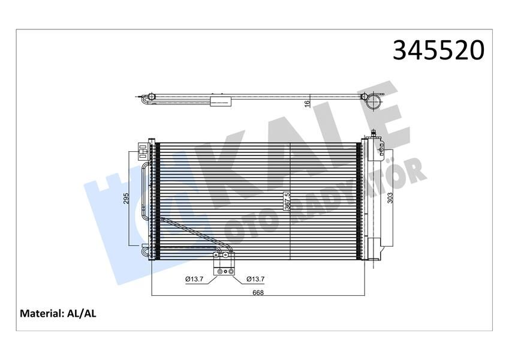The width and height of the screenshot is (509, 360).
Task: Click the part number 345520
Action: (438, 51)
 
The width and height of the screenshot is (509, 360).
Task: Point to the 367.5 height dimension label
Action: (287, 202)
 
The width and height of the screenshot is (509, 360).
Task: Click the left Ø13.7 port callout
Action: (195, 279)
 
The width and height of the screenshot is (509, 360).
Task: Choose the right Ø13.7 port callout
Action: (255, 279)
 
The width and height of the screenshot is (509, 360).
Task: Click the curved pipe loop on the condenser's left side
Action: (144, 192)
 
